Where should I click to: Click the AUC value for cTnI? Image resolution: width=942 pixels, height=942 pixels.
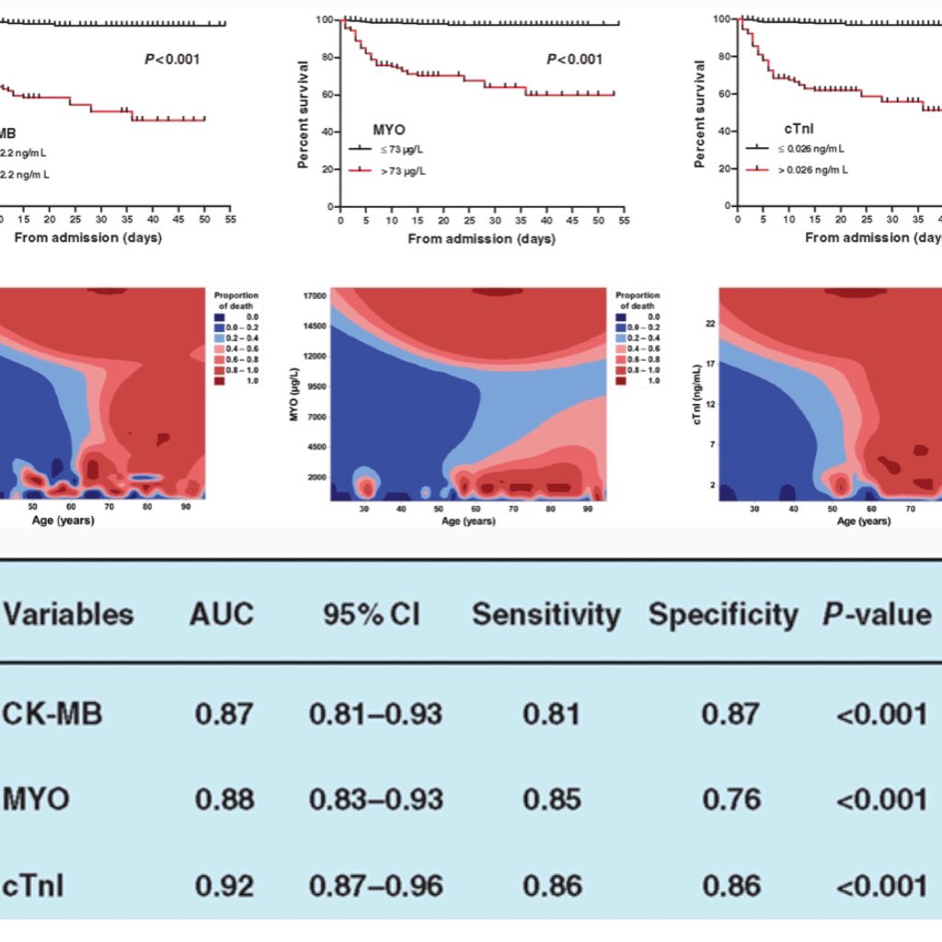[x=224, y=885]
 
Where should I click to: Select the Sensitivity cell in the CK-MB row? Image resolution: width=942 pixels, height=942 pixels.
[x=551, y=713]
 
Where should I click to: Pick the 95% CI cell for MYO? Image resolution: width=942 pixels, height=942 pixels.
[x=375, y=798]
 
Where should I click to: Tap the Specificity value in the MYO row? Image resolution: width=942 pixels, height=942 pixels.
[x=730, y=798]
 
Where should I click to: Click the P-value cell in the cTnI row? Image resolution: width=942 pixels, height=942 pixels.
[x=882, y=885]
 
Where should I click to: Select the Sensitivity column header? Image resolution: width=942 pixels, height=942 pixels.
[x=546, y=615]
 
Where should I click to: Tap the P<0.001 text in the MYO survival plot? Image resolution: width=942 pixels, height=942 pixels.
[x=574, y=60]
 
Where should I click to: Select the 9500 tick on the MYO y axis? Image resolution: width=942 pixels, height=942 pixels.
[x=316, y=387]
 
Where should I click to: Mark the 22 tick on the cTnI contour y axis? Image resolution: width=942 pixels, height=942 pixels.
[x=710, y=323]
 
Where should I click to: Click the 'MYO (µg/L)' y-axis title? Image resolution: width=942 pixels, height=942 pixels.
[x=292, y=394]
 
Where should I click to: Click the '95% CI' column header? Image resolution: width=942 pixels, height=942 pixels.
[x=371, y=615]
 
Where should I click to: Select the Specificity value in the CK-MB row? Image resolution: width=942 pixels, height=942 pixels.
[x=730, y=713]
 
